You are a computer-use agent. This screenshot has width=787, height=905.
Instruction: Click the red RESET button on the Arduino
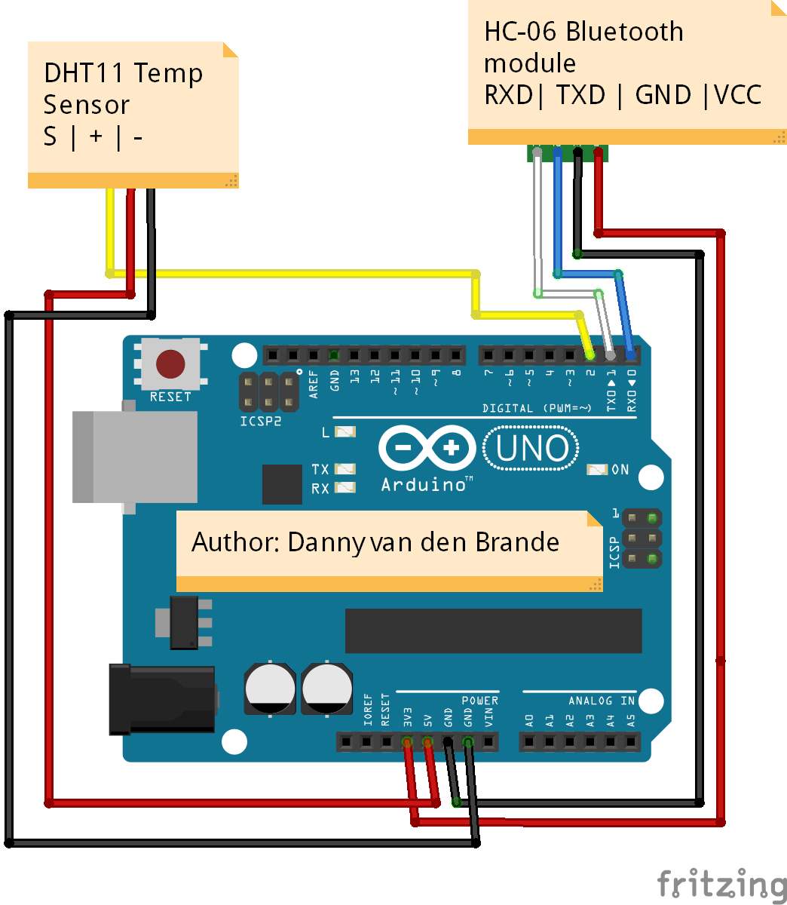[170, 364]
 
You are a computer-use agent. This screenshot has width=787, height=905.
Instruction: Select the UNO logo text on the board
[531, 449]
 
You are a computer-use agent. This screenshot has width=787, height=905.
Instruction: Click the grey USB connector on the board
[136, 457]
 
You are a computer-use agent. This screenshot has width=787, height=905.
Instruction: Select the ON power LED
[597, 470]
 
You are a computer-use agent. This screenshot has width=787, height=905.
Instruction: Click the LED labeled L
[345, 432]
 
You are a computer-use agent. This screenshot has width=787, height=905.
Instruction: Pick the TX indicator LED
[345, 469]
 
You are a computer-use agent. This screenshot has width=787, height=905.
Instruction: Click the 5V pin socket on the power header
[427, 743]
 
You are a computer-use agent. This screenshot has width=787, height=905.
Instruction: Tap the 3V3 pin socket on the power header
[407, 743]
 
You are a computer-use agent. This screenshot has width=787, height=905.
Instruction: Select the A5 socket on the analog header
[631, 743]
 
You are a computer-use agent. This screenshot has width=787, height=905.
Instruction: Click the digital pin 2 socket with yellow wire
[590, 355]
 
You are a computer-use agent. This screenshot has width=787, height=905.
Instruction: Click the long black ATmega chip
[493, 630]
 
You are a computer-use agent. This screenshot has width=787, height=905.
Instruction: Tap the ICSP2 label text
[261, 422]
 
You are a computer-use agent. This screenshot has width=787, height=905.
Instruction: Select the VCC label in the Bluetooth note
[738, 95]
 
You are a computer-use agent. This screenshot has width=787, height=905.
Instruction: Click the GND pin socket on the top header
[334, 355]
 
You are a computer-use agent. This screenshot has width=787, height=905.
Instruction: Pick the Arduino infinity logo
[427, 449]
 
